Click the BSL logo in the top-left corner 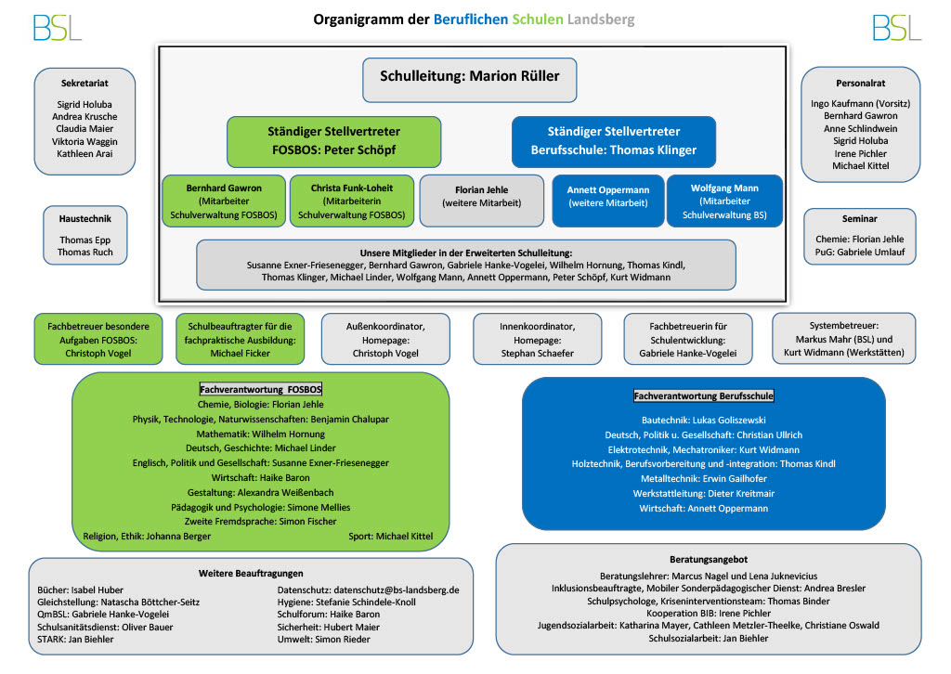coord(57,28)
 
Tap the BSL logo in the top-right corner coord(897,28)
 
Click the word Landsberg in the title coord(601,19)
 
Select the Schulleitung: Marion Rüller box coord(469,80)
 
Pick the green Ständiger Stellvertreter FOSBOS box coord(334,141)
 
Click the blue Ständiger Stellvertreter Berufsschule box coord(614,141)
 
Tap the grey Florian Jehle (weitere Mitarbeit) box coord(482,201)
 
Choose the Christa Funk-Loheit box coord(352,201)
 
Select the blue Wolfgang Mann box coord(724,201)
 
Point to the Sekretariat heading coord(85,83)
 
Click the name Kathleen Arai coord(85,154)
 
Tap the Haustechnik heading coord(85,219)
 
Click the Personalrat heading coord(861,83)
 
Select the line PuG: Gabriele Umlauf coord(859,253)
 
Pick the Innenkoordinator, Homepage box coord(538,339)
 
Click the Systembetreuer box coord(843,338)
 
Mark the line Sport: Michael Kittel coord(391,537)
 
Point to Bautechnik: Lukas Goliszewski coord(704,420)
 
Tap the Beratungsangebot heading coord(709,560)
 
